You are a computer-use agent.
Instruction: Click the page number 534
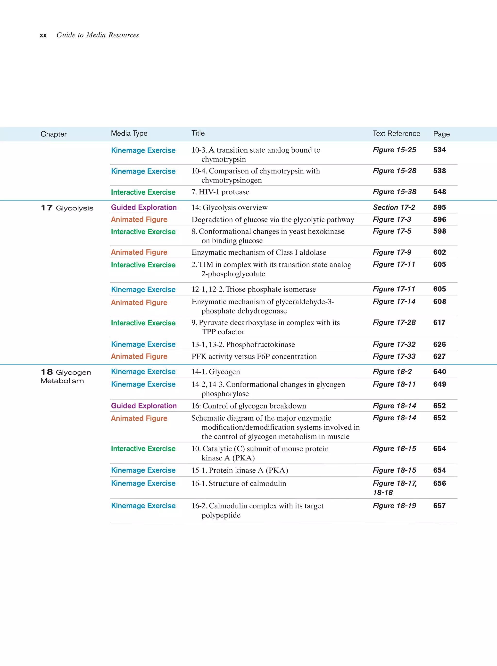pyautogui.click(x=439, y=150)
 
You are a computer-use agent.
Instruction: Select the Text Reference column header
pyautogui.click(x=396, y=133)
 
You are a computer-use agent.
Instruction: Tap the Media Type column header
pyautogui.click(x=129, y=133)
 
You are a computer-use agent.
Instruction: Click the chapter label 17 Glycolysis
pyautogui.click(x=67, y=208)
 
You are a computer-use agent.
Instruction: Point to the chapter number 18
pyautogui.click(x=47, y=372)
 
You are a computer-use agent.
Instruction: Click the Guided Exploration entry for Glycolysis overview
pyautogui.click(x=144, y=208)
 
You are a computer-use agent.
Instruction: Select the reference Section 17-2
pyautogui.click(x=394, y=208)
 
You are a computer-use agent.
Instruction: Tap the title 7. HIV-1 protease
pyautogui.click(x=220, y=192)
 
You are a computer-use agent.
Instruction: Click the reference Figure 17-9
pyautogui.click(x=392, y=252)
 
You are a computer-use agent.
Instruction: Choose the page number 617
pyautogui.click(x=439, y=322)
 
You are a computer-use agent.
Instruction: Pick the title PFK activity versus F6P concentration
pyautogui.click(x=254, y=356)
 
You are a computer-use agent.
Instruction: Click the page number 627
pyautogui.click(x=439, y=356)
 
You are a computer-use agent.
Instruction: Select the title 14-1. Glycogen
pyautogui.click(x=215, y=372)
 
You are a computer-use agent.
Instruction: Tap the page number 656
pyautogui.click(x=439, y=483)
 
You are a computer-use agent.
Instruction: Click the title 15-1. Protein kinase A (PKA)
pyautogui.click(x=240, y=470)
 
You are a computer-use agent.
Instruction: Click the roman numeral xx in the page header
pyautogui.click(x=43, y=35)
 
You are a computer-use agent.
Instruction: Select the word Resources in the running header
pyautogui.click(x=124, y=35)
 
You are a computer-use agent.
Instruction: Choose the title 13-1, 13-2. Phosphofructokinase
pyautogui.click(x=243, y=345)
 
